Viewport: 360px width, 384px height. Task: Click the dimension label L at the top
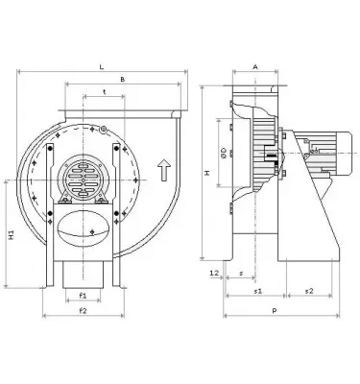103,65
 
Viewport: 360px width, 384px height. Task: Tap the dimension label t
103,93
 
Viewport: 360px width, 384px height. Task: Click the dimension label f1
84,296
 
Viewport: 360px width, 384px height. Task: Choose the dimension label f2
84,311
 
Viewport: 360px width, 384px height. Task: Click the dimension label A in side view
253,67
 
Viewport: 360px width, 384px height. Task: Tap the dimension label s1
257,289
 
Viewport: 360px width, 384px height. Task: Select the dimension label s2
307,289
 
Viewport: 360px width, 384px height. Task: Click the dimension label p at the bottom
275,311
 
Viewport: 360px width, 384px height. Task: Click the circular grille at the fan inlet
84,177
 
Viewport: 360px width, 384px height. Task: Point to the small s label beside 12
240,275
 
